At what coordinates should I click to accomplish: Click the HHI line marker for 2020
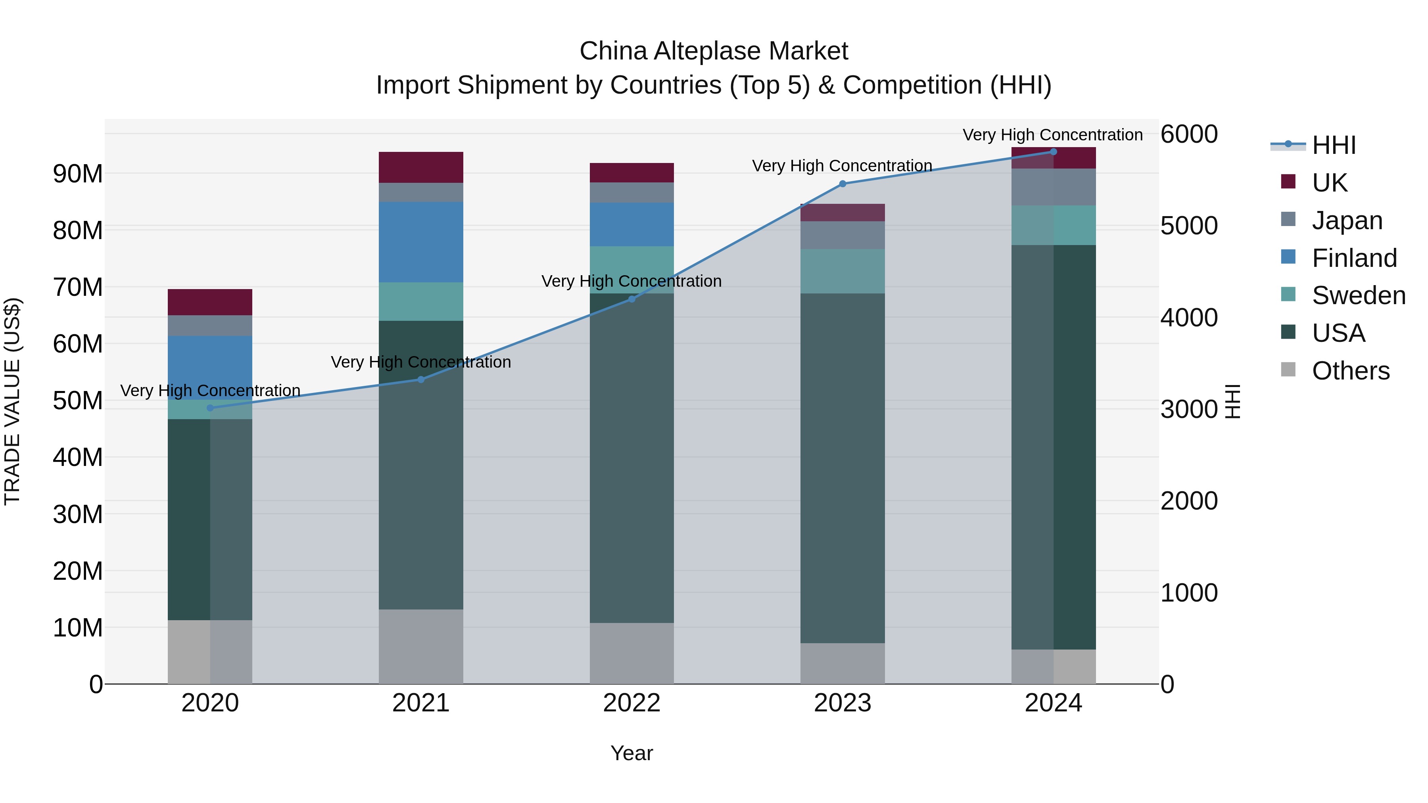click(210, 408)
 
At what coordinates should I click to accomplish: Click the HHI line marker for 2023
click(843, 184)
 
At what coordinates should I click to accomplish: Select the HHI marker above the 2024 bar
click(1053, 152)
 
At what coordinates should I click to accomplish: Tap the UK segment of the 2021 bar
click(421, 167)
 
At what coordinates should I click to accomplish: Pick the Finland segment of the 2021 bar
click(421, 242)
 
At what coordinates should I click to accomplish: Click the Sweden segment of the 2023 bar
click(843, 271)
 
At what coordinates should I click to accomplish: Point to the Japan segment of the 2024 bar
click(1053, 187)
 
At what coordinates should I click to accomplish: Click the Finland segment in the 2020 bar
click(210, 368)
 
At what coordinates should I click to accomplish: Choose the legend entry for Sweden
click(1358, 295)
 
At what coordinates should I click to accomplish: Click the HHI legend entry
click(1333, 145)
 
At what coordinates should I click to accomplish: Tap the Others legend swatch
click(1288, 370)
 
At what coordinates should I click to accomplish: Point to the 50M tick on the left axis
click(78, 401)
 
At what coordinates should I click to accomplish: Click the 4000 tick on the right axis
click(1189, 318)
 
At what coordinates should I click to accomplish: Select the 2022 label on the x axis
click(631, 703)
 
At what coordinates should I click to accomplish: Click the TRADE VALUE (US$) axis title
click(12, 401)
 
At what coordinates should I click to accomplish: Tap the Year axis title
click(631, 753)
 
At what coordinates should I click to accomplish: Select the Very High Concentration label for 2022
click(631, 281)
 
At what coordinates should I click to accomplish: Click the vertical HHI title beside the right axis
click(1232, 401)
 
